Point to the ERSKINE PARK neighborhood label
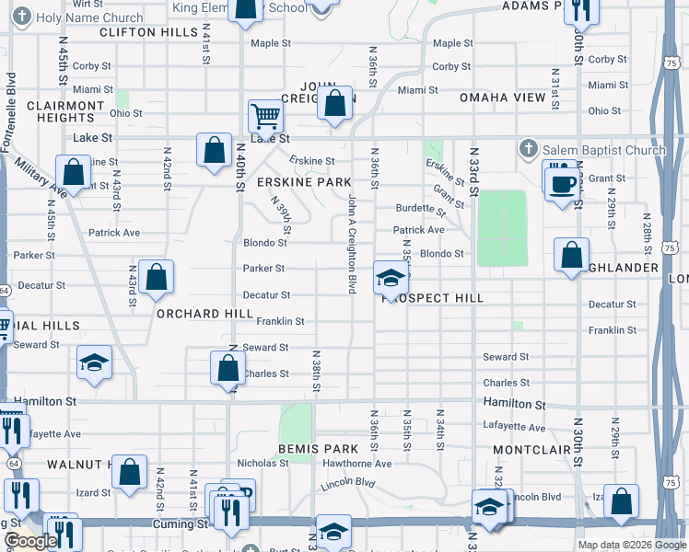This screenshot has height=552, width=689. point(304,182)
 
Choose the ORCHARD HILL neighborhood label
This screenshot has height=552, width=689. point(204,314)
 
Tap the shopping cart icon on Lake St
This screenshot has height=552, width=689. point(265,116)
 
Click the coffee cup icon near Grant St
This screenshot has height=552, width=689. point(561,183)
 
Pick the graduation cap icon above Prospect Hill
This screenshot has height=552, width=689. point(391,278)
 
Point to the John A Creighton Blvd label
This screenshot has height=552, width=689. point(351,243)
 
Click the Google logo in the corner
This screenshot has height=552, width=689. point(31,541)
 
